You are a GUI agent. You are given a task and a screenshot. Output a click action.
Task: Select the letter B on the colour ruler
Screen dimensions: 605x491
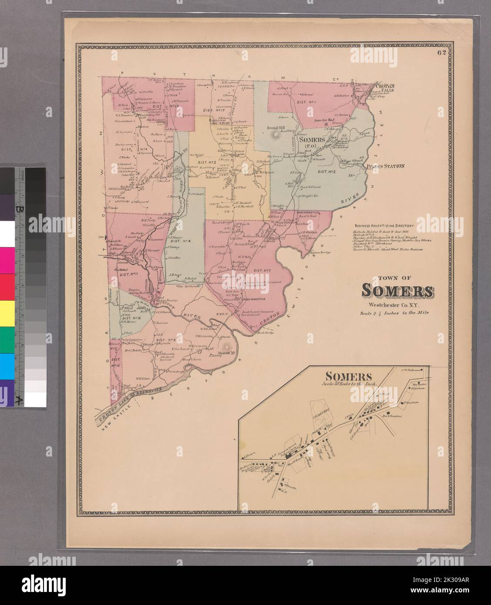click(x=18, y=209)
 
